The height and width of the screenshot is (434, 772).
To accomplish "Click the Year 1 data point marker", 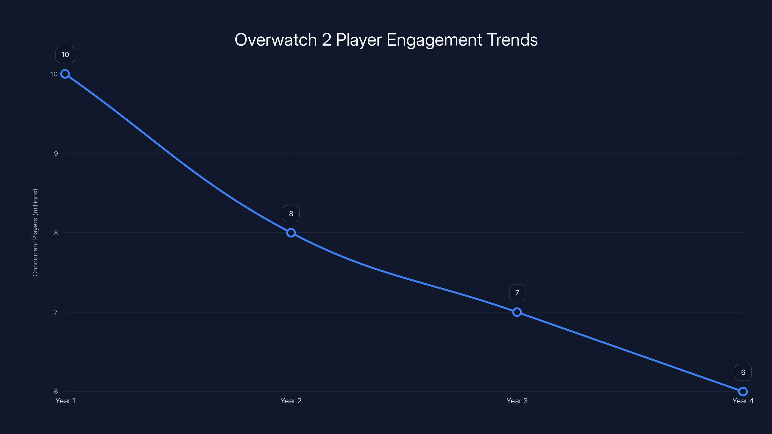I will pos(65,74).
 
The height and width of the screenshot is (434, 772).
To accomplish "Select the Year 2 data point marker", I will pos(291,233).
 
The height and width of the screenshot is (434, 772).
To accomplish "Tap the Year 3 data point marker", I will pos(517,312).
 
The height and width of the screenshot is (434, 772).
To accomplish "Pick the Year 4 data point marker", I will pos(743,392).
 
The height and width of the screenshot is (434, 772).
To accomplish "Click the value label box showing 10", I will pos(65,54).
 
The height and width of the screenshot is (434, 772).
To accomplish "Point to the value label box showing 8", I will pos(291,214).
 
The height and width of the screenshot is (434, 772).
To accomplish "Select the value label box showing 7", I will pos(517,293).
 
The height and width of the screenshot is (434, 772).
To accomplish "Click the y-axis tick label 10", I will pos(54,74).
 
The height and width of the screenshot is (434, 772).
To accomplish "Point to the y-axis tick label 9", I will pos(56,154).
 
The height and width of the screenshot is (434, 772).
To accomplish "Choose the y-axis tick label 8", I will pos(56,233).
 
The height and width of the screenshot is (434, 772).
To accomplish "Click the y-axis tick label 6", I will pos(56,392).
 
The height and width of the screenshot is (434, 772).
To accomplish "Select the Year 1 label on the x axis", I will pos(65,401).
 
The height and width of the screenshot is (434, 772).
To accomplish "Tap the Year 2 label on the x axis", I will pos(291,401).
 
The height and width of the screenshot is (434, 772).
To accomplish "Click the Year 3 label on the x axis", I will pos(517,401).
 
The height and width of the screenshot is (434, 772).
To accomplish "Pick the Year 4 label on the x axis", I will pos(743,401).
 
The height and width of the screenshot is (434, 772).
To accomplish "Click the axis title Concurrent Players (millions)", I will pos(35,232).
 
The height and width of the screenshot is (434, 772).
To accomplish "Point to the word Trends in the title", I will pos(512,40).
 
